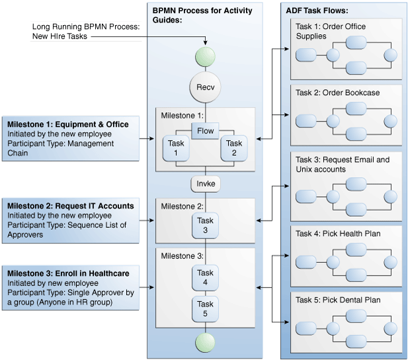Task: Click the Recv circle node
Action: tap(205, 87)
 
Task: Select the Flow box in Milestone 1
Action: tap(205, 130)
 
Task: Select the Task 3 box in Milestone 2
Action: tap(205, 225)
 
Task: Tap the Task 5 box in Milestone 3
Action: tap(205, 308)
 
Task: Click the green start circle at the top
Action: tap(205, 55)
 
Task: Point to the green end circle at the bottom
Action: tap(205, 342)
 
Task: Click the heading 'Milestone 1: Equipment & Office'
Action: tap(68, 124)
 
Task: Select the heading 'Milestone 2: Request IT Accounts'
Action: tap(71, 206)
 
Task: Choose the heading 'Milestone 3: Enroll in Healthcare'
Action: tap(68, 273)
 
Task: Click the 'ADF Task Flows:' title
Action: tap(317, 11)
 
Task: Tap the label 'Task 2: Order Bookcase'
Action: tap(337, 92)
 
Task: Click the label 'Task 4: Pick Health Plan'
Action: tap(338, 233)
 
